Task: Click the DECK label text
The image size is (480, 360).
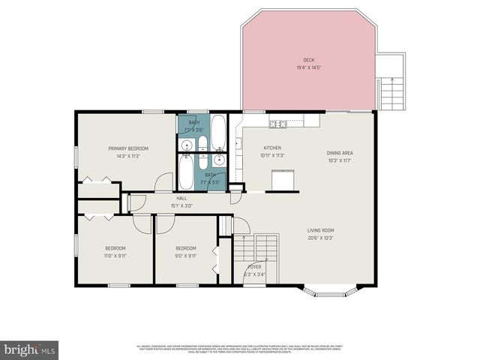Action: click(x=308, y=60)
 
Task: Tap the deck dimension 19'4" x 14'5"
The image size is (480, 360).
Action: click(x=308, y=67)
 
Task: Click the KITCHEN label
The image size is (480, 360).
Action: click(x=271, y=148)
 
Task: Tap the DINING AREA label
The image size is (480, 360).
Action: click(x=339, y=153)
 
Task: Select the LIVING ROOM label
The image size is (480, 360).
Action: click(x=320, y=230)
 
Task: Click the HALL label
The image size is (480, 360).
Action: click(x=181, y=199)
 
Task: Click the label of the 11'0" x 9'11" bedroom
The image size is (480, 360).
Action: click(x=115, y=248)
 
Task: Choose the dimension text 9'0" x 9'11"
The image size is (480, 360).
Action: click(x=185, y=255)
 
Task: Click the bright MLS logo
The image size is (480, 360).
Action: click(x=30, y=349)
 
